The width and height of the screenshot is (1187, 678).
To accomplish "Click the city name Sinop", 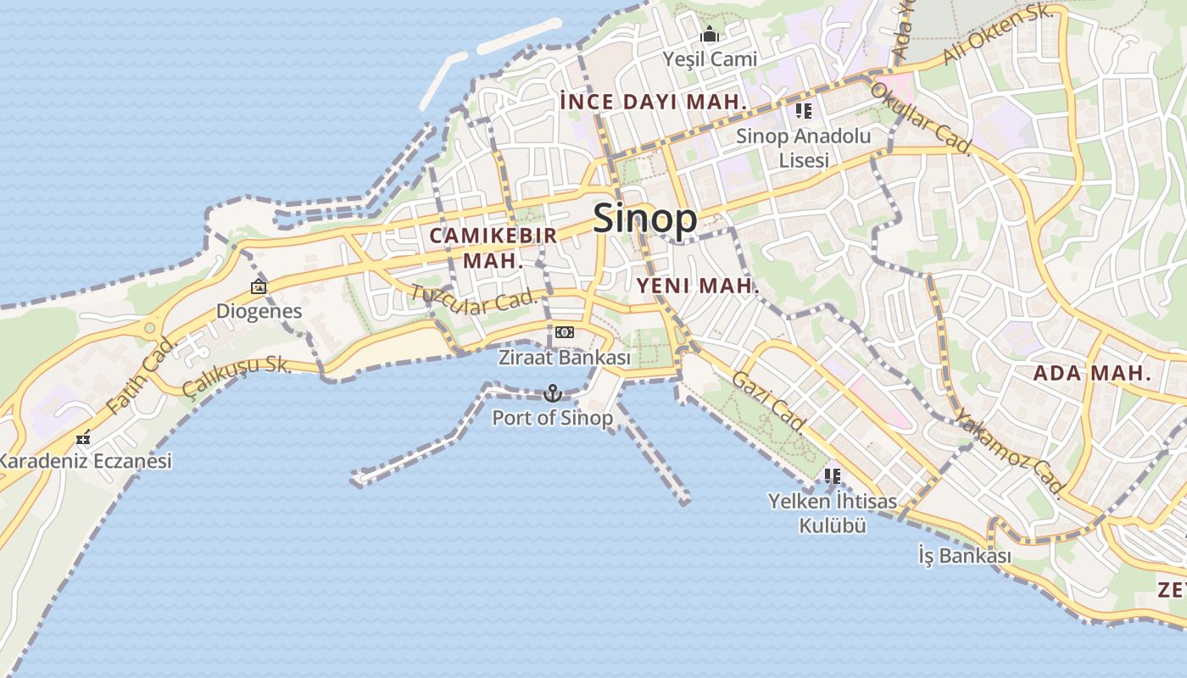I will coord(645,219).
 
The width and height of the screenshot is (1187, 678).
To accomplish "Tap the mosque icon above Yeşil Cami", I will coord(710,35).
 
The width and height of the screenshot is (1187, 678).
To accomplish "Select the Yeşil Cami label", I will coord(710,59).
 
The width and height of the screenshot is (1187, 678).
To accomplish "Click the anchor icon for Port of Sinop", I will coord(553,393).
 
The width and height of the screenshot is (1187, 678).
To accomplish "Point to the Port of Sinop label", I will coord(553,418).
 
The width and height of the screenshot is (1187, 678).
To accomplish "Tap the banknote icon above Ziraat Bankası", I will coord(565,332).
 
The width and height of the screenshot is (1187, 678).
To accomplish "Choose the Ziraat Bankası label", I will coord(565,358).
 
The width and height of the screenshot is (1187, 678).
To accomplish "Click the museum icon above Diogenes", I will coord(259,287).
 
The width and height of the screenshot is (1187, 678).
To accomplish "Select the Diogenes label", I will coord(259,311).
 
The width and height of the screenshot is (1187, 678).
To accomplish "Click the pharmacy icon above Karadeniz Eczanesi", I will coord(83,438).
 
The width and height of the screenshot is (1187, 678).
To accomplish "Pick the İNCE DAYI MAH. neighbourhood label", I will coord(653,102).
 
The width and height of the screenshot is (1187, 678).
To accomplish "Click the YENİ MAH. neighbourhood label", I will coord(698,286).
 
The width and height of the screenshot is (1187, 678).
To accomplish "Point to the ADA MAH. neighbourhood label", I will coord(1092,373).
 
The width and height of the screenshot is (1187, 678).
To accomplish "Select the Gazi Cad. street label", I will coord(768,401).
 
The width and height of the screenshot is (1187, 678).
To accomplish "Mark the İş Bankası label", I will coord(965,556).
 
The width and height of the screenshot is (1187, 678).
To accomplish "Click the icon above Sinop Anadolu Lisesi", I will coord(804,111).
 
